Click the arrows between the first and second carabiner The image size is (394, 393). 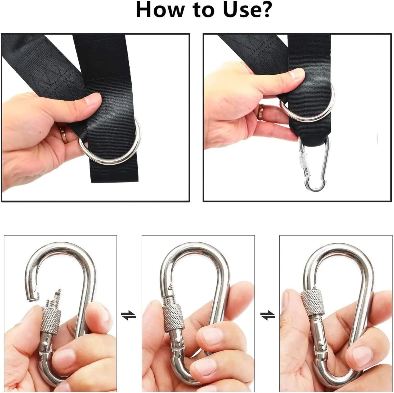[x=128, y=315]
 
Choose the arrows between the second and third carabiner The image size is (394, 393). [x=268, y=315]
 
